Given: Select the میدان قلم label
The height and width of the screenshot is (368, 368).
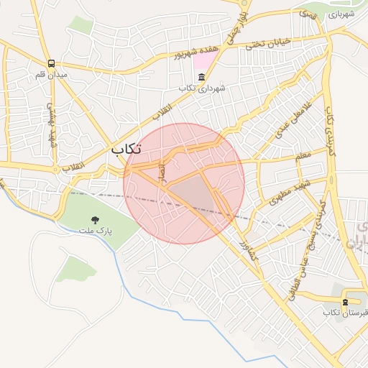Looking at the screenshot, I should (51, 75).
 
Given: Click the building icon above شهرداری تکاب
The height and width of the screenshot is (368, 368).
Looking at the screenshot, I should (201, 77).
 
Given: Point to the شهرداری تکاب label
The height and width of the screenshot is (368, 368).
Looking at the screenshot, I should (202, 88).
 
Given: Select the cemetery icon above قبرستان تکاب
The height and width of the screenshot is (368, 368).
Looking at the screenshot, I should (346, 301).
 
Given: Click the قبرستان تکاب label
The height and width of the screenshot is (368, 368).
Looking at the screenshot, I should (345, 313).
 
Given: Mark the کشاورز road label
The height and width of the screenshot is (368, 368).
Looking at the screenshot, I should (247, 252).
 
